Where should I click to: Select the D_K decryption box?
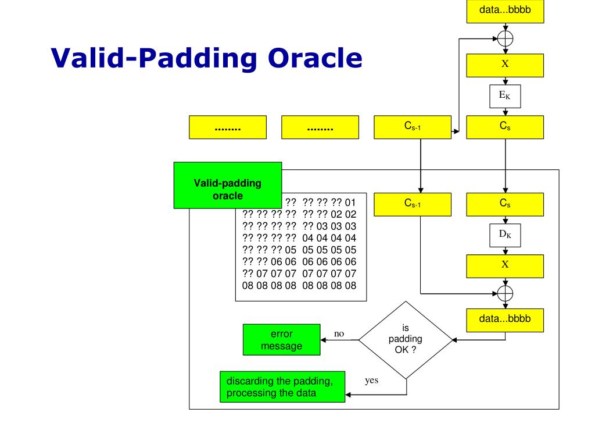point(505,235)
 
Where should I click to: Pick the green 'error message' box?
point(281,340)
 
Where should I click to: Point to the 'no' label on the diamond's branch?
point(339,334)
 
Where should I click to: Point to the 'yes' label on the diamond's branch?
point(372,381)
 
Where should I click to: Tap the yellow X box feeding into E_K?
point(505,65)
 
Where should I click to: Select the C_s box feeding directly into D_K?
point(505,204)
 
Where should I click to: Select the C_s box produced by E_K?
point(505,126)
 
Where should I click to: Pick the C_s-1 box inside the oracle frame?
point(413,204)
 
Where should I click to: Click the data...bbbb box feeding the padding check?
point(505,320)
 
